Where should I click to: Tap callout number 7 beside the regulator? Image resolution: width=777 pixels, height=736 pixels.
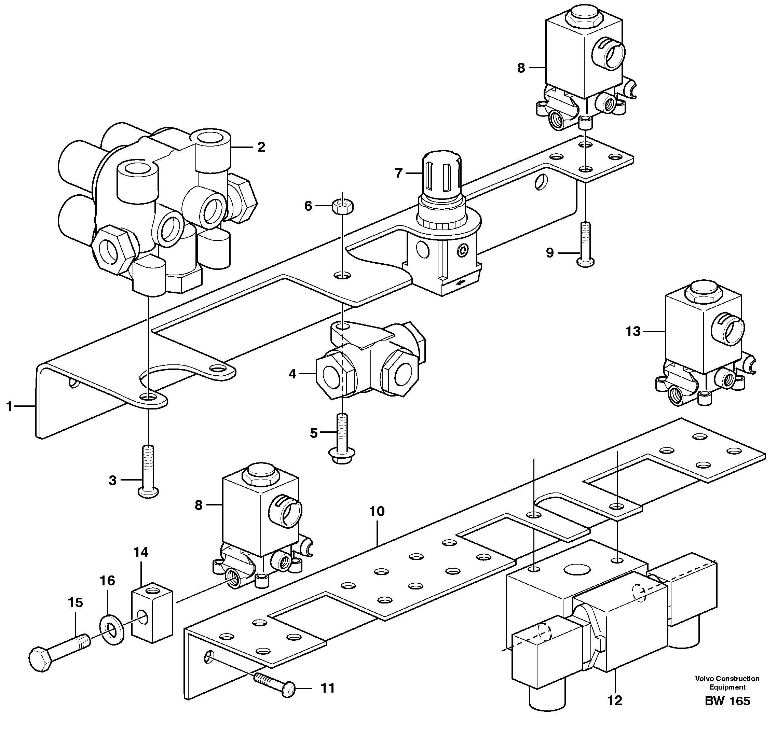pos(399,173)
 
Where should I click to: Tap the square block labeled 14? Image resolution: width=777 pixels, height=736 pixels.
pos(151,618)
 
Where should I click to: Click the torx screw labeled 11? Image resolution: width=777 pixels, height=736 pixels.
pos(275,690)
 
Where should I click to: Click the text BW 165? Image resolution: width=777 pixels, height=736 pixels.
pos(727,701)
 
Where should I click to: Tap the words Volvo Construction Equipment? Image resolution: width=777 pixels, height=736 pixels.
pos(727,683)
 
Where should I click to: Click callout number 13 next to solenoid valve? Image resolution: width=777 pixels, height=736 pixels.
pos(632,332)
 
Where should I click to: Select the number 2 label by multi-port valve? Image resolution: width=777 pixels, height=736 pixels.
pos(261,147)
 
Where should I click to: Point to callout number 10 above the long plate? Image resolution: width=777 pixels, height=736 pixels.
pos(377,511)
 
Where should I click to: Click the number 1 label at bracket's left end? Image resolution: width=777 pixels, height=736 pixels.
pos(10,406)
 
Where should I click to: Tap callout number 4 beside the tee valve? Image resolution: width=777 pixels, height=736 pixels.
pos(292,374)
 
